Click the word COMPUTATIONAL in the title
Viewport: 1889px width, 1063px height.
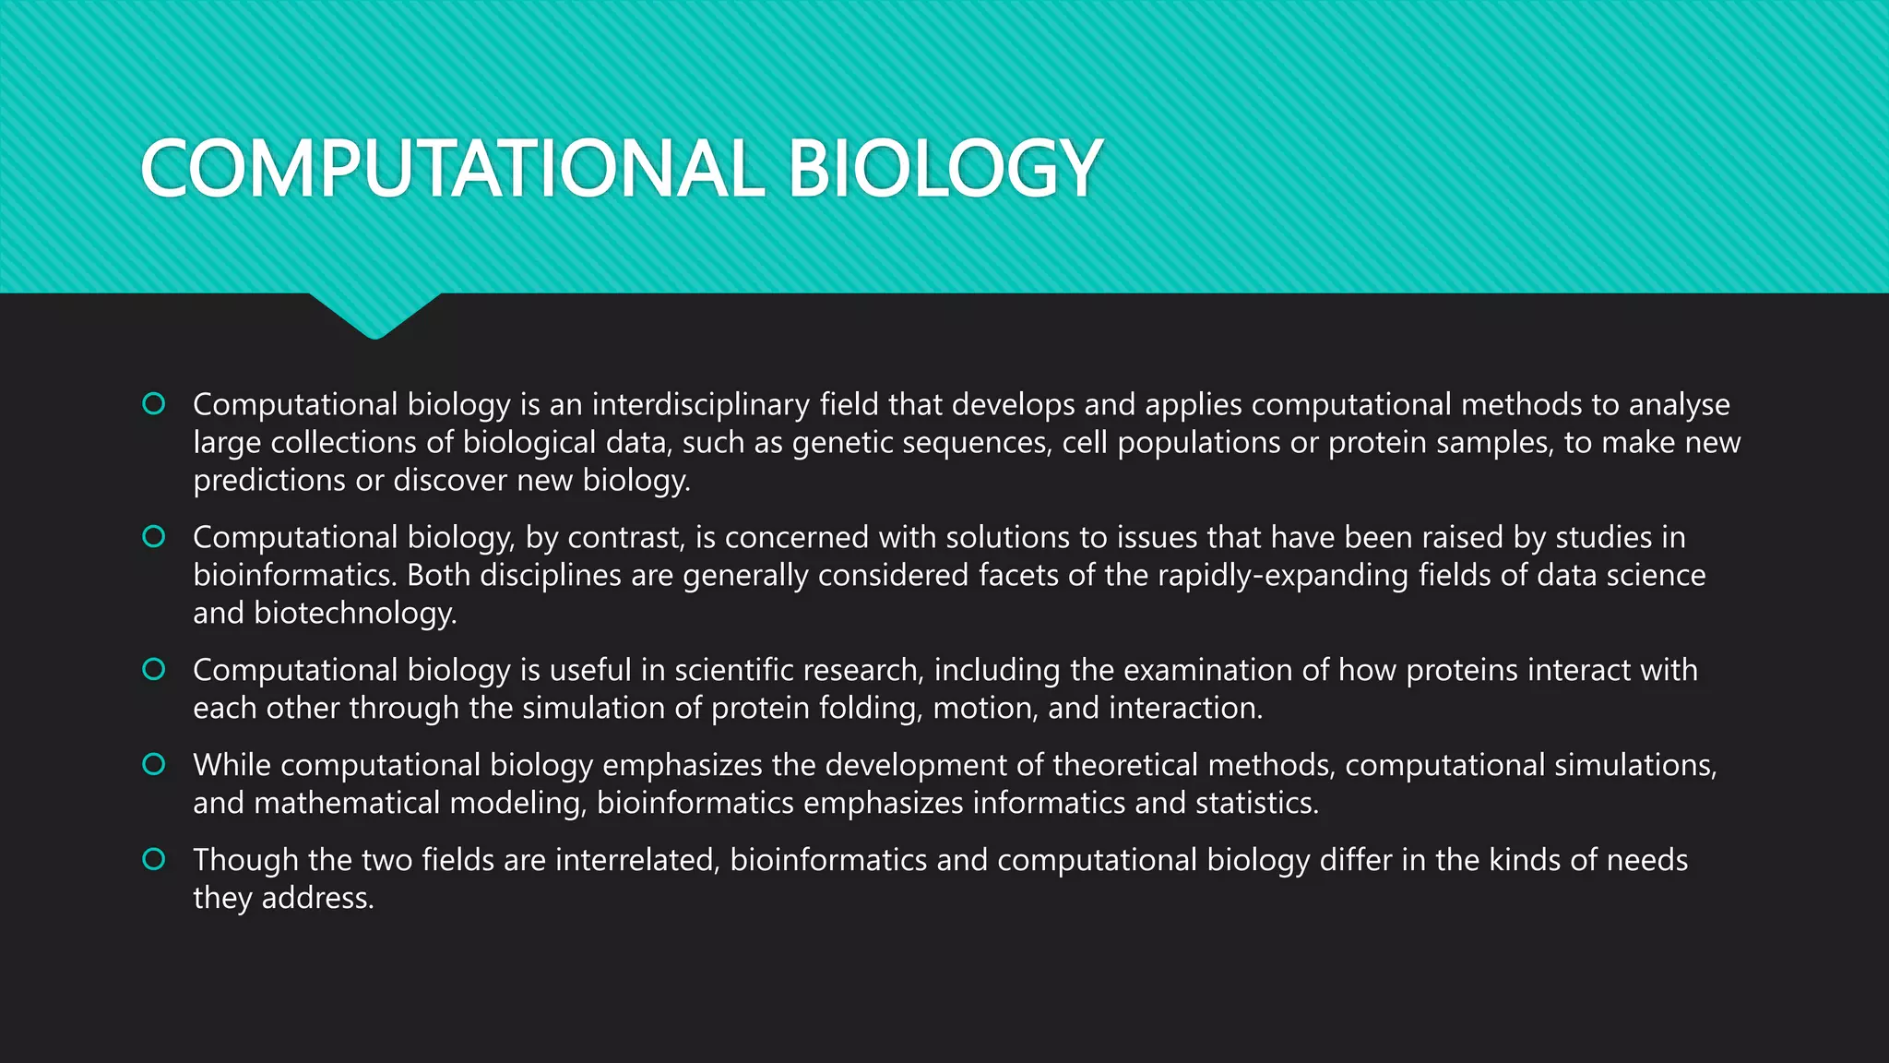click(x=452, y=168)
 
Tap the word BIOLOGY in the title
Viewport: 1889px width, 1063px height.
click(x=944, y=168)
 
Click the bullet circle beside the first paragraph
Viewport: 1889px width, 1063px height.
click(x=154, y=403)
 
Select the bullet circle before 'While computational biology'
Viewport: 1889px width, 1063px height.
click(x=154, y=764)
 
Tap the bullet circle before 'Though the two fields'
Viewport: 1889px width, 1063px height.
click(x=154, y=859)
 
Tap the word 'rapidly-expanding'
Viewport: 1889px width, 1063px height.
click(x=1283, y=575)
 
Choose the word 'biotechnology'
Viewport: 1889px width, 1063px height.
click(x=354, y=613)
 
